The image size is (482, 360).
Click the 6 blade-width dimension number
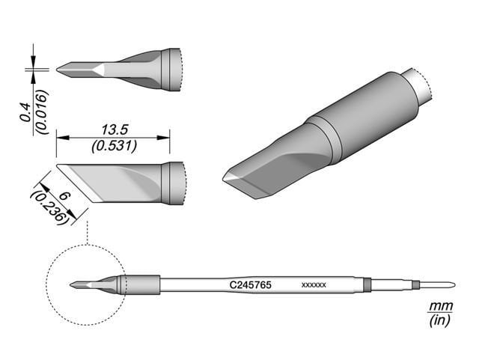[x=64, y=195]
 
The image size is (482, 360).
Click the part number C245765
[x=251, y=284]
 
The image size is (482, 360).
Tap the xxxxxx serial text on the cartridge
[x=313, y=285]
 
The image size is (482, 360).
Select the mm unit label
[x=436, y=307]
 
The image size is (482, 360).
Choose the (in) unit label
[x=436, y=321]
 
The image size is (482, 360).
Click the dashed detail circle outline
[x=46, y=284]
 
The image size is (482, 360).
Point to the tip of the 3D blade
[x=225, y=178]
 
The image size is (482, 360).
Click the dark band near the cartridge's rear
[x=367, y=284]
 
